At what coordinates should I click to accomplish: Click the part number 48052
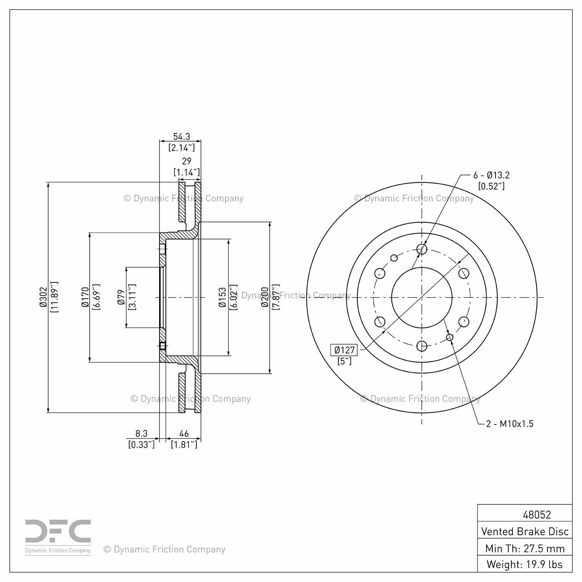pos(537,514)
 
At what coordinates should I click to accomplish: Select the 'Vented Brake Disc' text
pos(525,531)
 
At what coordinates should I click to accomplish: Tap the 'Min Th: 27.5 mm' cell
pos(525,548)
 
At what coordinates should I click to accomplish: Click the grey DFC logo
pos(58,532)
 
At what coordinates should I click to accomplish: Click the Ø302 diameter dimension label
pos(43,297)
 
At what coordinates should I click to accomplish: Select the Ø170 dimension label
pos(85,297)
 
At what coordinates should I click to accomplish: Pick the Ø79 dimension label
pos(121,297)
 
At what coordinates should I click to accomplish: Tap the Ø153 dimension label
pos(222,297)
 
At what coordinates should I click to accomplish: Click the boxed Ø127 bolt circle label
pos(345,350)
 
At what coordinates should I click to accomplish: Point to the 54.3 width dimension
pos(181,137)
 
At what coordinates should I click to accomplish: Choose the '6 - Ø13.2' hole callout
pos(491,175)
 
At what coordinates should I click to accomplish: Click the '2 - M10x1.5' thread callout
pos(510,424)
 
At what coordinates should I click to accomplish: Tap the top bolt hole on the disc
pos(422,249)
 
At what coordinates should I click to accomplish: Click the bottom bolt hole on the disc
pos(422,346)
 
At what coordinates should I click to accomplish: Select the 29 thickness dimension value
pos(187,161)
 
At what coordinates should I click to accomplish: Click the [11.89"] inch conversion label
pos(54,297)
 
